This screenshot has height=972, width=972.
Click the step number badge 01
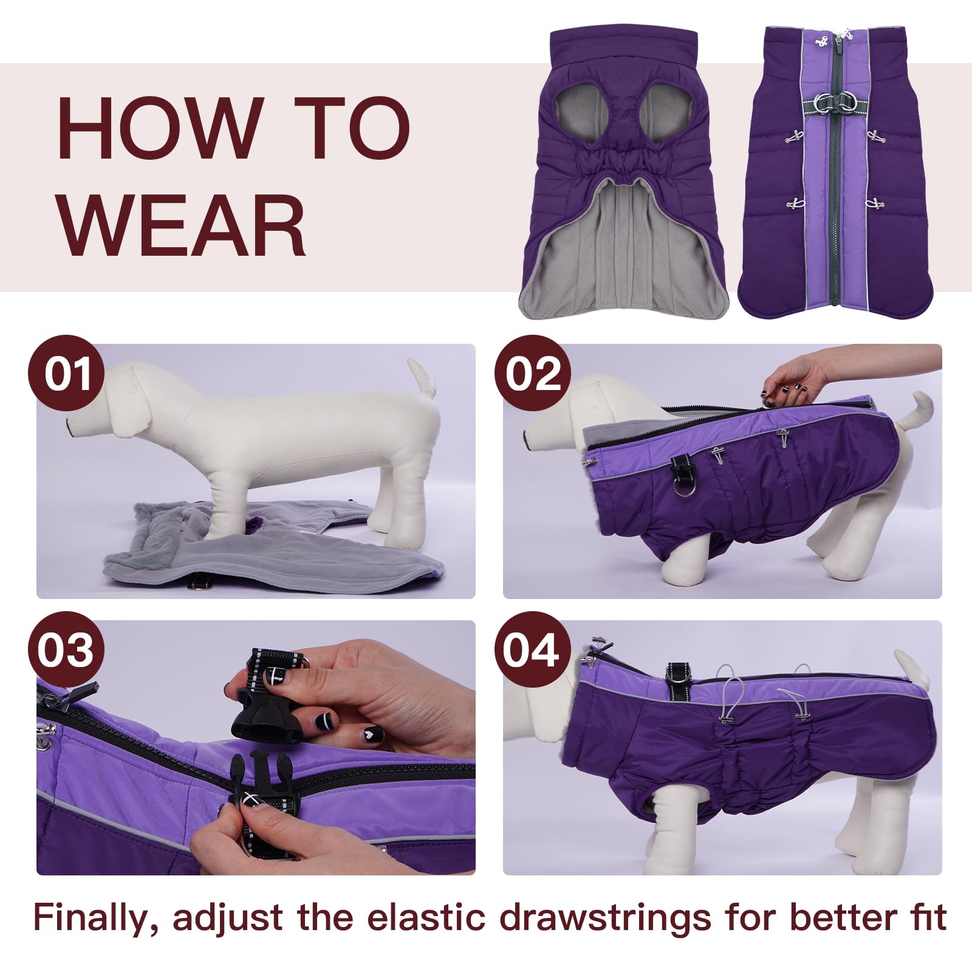(66, 373)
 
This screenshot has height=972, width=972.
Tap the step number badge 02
(533, 373)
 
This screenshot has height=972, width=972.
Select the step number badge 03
(66, 649)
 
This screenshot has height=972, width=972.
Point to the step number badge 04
(533, 649)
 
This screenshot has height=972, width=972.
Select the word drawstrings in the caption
(605, 917)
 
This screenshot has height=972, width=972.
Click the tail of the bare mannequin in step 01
(423, 377)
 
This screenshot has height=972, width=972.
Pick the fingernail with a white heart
(371, 734)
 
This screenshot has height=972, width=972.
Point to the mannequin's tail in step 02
(917, 407)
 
